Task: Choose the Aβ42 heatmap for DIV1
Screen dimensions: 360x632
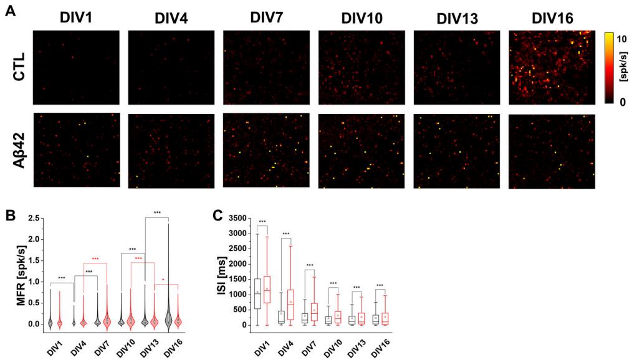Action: point(76,151)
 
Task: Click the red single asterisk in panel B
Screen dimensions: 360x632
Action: point(163,280)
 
